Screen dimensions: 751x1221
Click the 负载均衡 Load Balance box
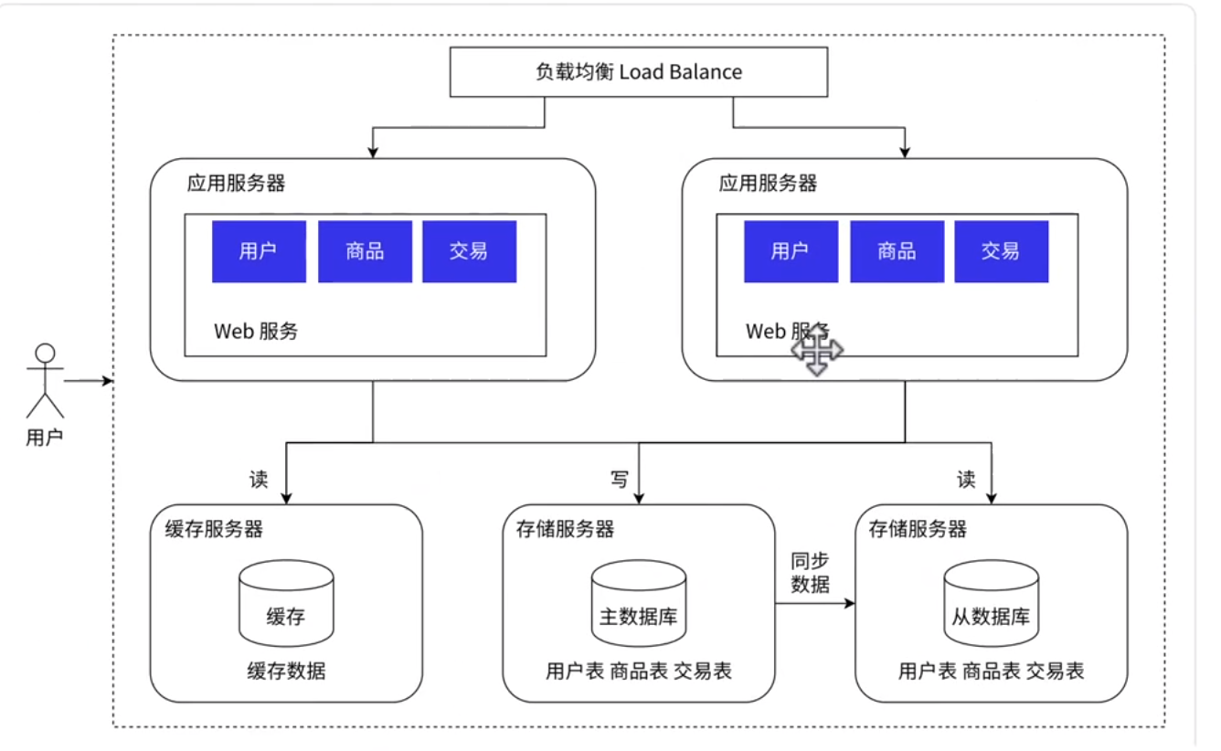(x=638, y=72)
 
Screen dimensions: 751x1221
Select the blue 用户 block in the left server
(x=259, y=251)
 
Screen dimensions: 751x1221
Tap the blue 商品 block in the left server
(x=365, y=251)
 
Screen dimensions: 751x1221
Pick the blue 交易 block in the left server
(x=469, y=251)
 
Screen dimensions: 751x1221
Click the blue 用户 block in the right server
(x=791, y=251)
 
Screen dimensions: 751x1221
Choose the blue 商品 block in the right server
(x=897, y=251)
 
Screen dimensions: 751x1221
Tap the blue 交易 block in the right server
(x=1001, y=251)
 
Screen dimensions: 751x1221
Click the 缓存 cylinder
(x=286, y=606)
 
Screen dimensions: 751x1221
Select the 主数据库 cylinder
(x=638, y=606)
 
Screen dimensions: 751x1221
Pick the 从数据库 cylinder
(x=991, y=606)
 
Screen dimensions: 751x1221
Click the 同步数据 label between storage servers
(x=811, y=573)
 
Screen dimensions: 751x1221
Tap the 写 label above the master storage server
(x=619, y=479)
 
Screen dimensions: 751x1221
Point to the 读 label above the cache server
(x=259, y=479)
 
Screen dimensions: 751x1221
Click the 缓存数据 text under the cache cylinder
(x=286, y=672)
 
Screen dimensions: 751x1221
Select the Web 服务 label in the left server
(x=256, y=331)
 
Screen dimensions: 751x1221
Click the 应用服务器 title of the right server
(x=768, y=184)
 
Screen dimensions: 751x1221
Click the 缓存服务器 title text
(x=214, y=529)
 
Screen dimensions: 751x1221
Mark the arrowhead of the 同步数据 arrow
(x=851, y=604)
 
